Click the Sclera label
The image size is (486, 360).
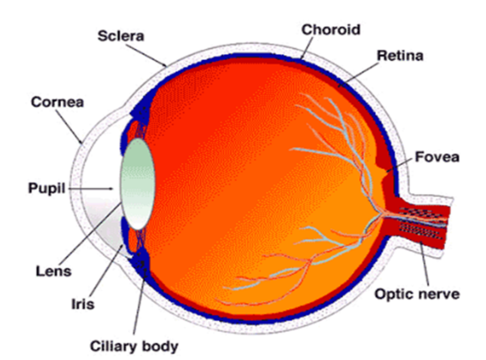121,36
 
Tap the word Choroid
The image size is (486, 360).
331,30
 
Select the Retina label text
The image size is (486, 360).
400,56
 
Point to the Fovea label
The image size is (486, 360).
437,157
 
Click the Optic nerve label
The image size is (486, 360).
417,294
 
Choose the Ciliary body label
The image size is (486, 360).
134,346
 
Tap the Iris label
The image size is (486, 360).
82,304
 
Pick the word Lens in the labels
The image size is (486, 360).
53,272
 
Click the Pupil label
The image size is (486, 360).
47,188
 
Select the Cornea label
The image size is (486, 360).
58,102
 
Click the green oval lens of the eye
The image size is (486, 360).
138,184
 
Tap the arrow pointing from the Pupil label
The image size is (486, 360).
90,188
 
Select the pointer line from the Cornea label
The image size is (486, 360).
70,127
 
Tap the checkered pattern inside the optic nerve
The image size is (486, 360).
422,222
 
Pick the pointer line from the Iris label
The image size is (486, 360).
108,270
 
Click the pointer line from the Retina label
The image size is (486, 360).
359,75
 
